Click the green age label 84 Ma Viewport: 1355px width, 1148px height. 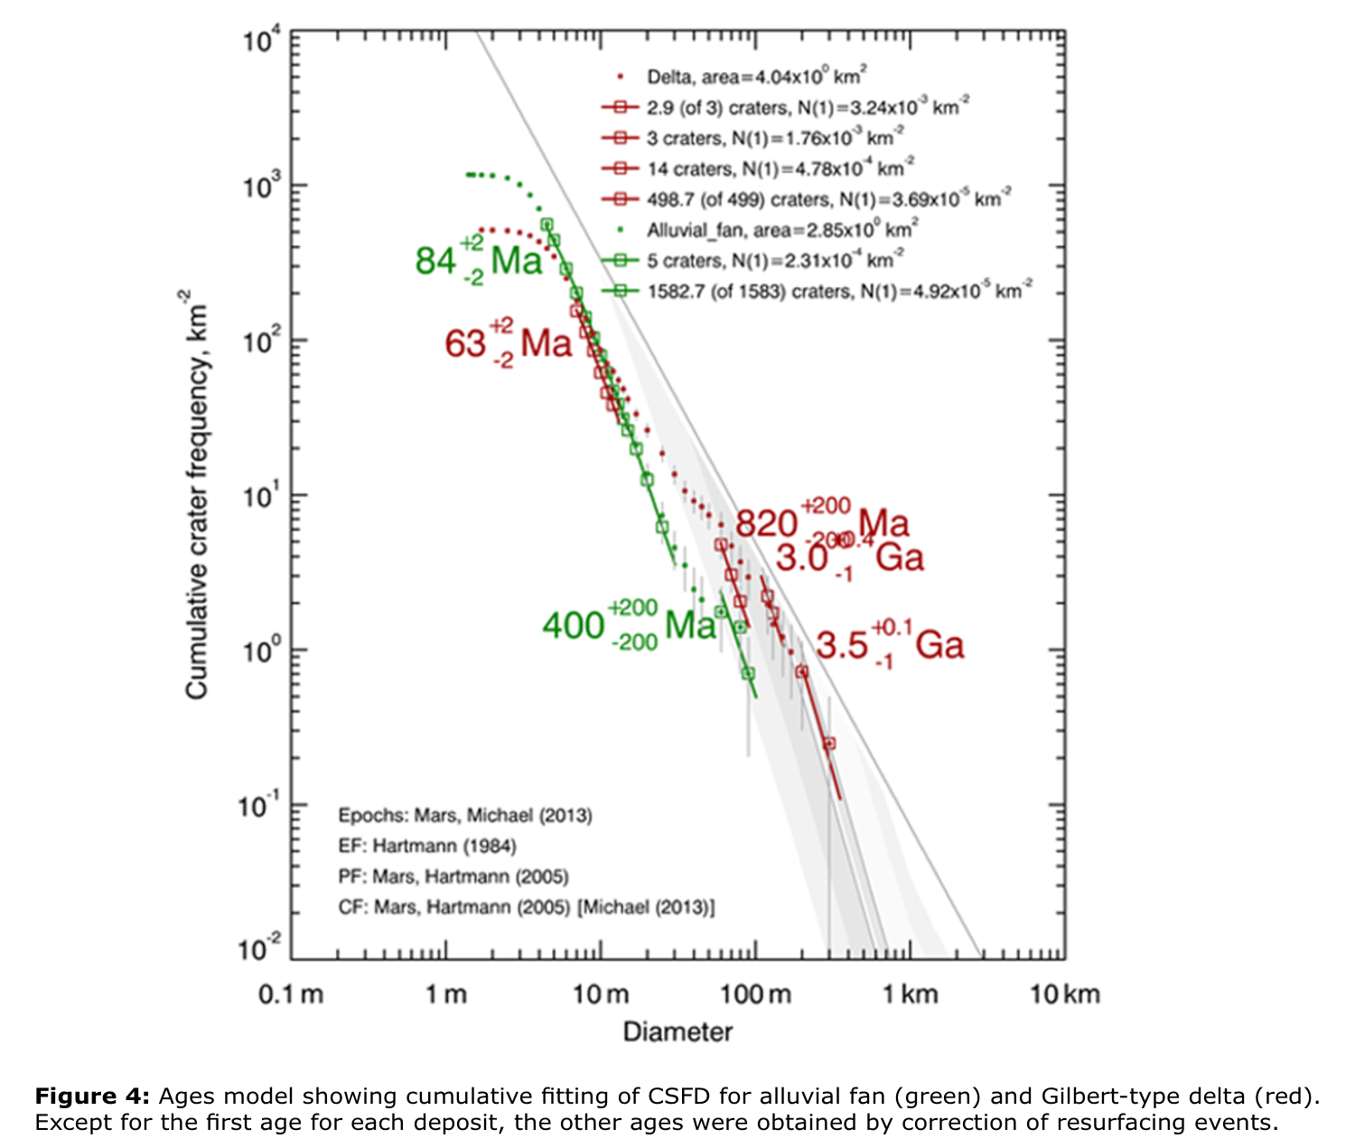pos(479,260)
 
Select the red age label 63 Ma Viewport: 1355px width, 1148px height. pos(509,343)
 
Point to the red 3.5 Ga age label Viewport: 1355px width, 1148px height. pos(890,645)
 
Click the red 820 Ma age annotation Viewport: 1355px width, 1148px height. pos(822,522)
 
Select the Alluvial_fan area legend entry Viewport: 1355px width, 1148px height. pos(782,230)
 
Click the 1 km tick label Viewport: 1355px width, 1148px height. pos(911,994)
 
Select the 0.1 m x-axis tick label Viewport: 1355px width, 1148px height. pos(291,994)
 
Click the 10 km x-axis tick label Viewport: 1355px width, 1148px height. pos(1065,994)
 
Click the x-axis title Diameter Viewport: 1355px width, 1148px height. pos(677,1031)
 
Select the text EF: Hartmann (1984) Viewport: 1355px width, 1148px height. pos(427,846)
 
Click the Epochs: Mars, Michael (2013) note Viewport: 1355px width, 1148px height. pos(465,816)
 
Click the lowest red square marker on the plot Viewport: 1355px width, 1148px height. pos(829,743)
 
